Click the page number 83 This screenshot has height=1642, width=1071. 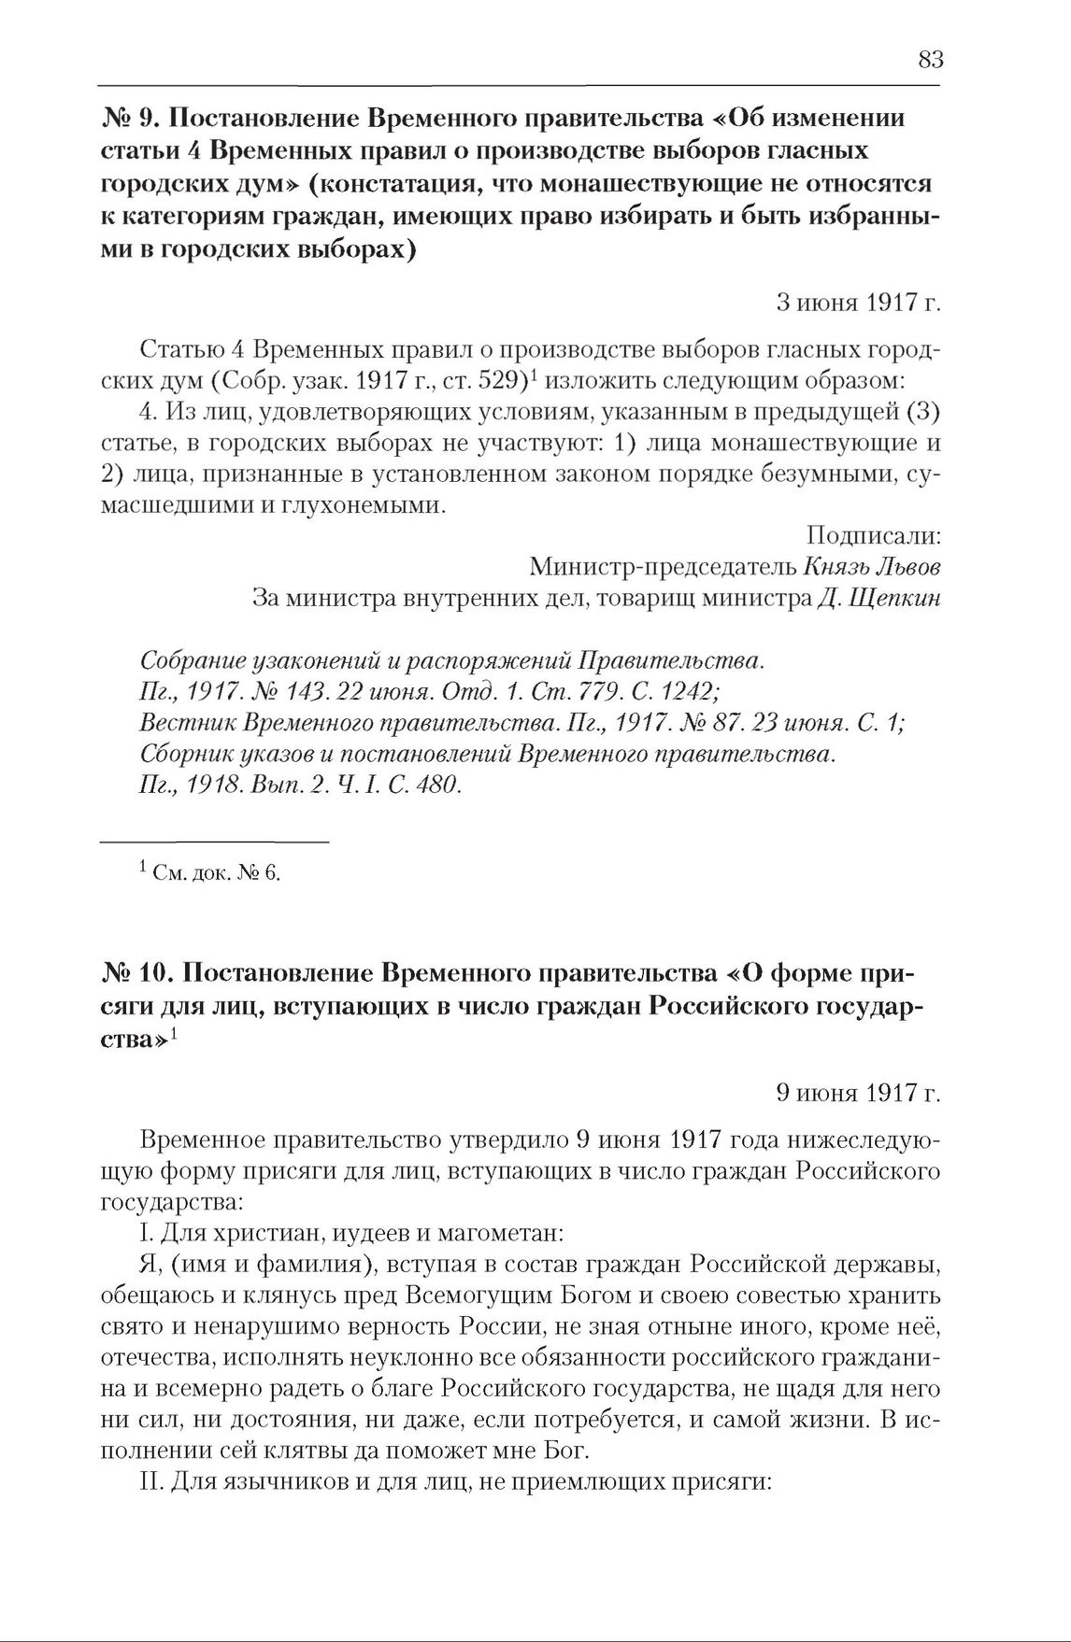(x=930, y=60)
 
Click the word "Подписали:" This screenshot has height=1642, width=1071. (x=873, y=536)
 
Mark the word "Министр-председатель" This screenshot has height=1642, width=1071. (x=662, y=567)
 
